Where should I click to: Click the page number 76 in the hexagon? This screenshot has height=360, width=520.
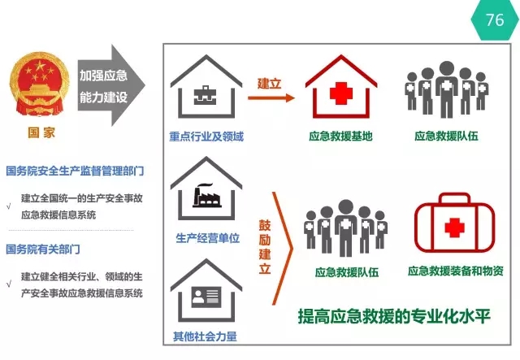click(495, 20)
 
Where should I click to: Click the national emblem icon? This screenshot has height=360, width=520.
click(40, 85)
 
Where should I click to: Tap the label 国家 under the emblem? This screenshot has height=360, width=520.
click(41, 132)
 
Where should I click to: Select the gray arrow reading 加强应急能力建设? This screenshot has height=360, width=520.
click(111, 85)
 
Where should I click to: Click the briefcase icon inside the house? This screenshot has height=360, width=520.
click(205, 95)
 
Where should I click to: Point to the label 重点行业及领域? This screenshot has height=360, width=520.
click(206, 137)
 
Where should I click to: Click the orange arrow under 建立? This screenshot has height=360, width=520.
click(271, 98)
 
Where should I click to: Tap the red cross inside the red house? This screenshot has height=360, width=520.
click(341, 93)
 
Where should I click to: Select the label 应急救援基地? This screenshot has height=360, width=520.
click(340, 136)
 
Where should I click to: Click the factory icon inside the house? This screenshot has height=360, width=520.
click(207, 196)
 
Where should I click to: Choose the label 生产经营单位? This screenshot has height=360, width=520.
click(208, 238)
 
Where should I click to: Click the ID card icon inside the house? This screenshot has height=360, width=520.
click(206, 297)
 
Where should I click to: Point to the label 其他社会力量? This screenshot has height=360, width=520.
click(205, 336)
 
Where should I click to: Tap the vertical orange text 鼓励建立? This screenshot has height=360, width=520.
click(265, 247)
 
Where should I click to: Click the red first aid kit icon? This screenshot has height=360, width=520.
click(454, 223)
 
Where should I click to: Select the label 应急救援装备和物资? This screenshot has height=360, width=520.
click(456, 271)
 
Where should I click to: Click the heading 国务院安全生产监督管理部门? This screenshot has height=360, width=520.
click(75, 171)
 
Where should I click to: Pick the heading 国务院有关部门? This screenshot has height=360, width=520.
click(43, 249)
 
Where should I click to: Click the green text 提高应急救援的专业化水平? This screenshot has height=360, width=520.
click(394, 316)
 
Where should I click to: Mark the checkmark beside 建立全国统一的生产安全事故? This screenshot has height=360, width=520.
click(9, 206)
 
